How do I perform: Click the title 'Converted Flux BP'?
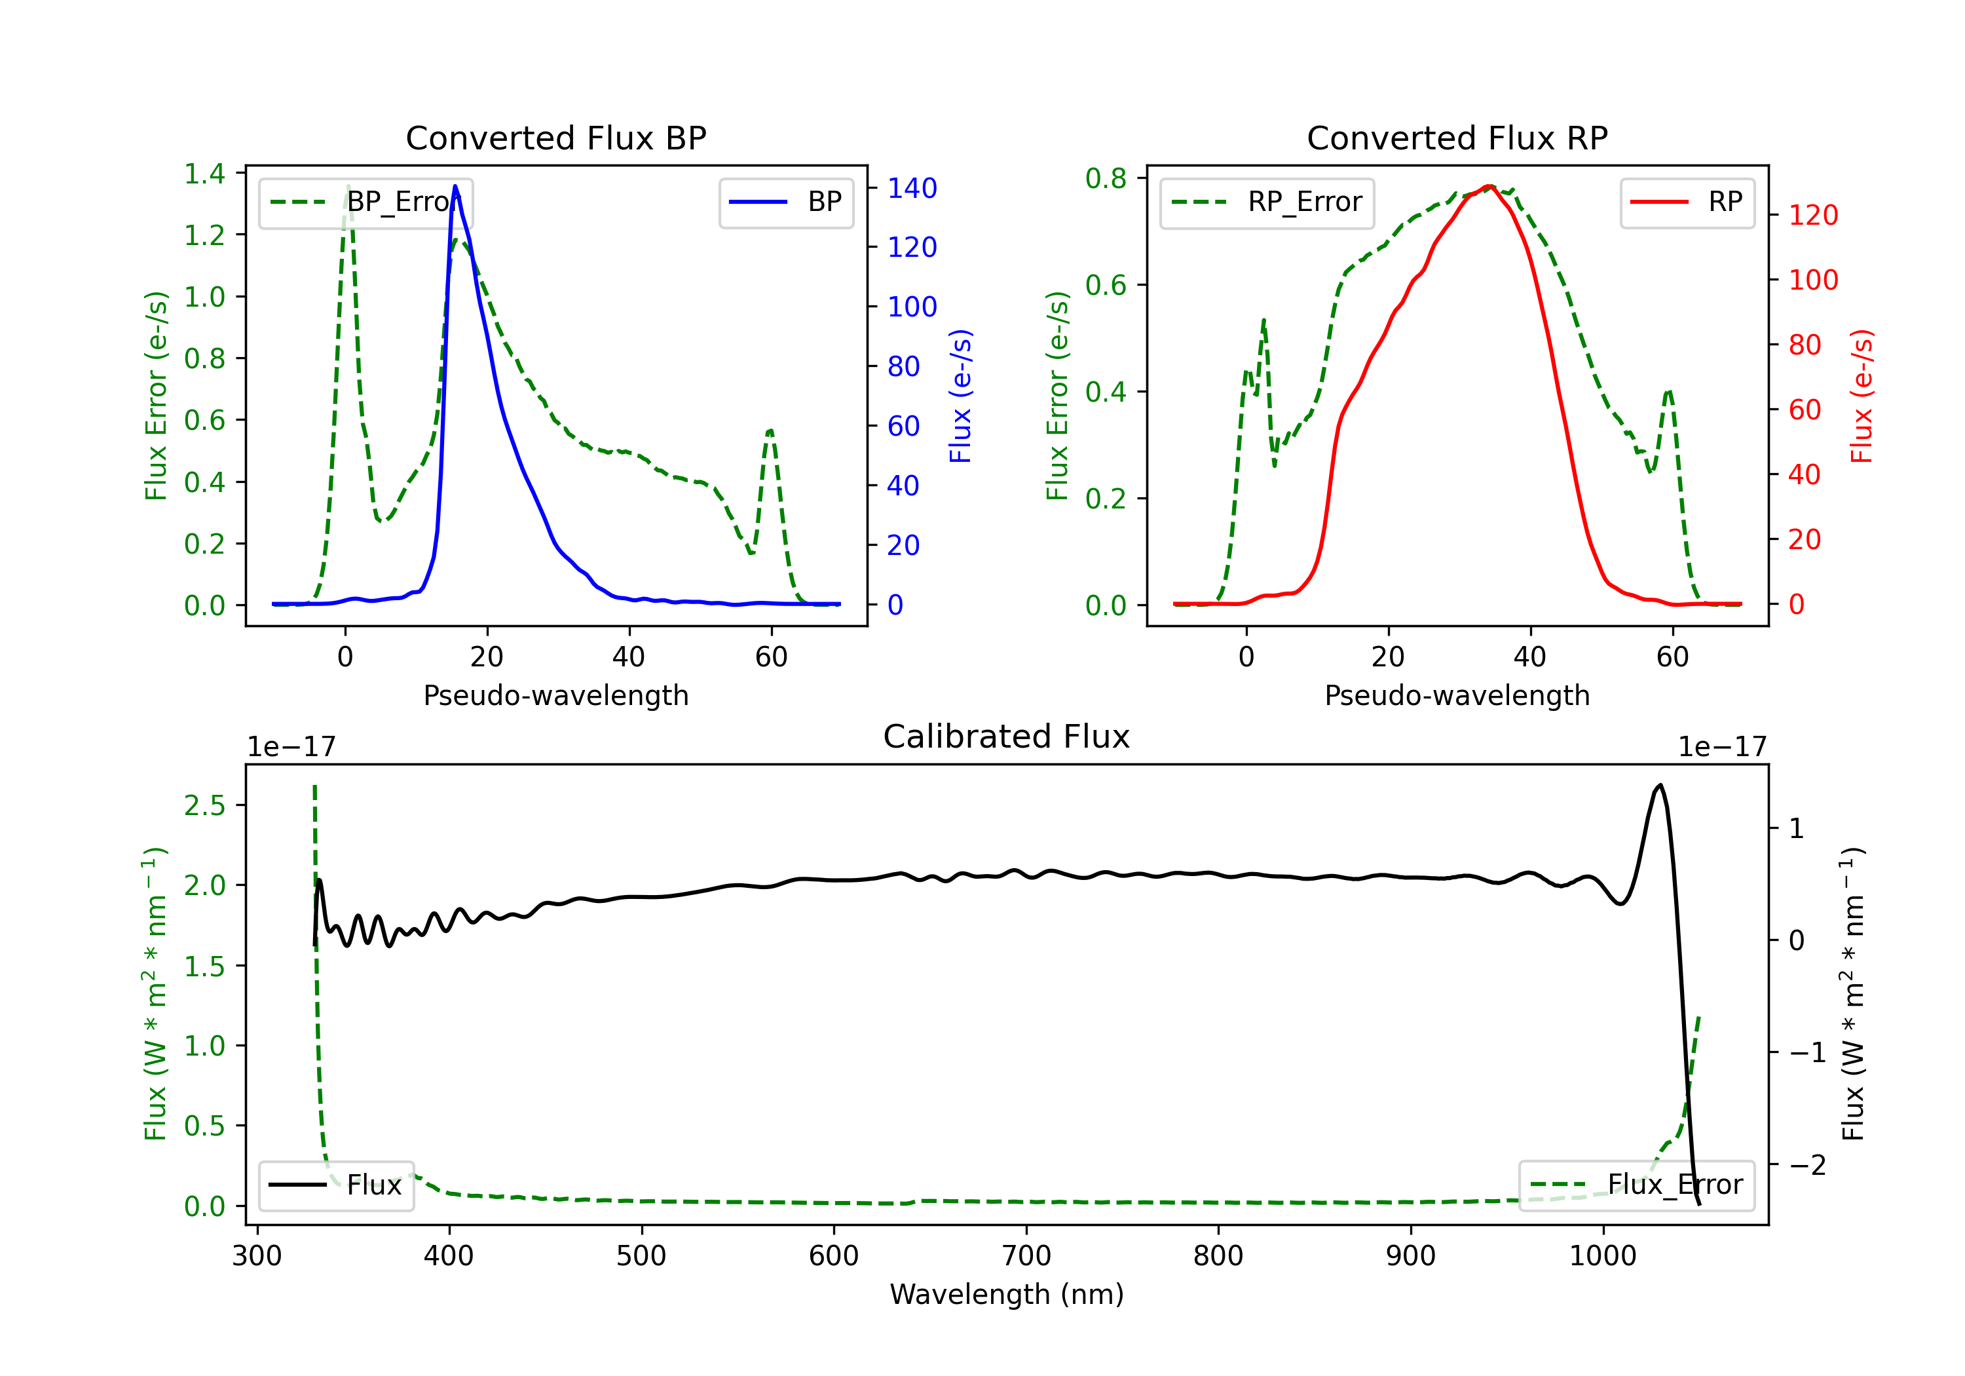[555, 138]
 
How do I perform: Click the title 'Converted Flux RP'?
[1457, 138]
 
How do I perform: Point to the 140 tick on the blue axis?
[912, 188]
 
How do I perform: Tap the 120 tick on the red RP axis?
[1812, 215]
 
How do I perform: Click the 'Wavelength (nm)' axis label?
[1007, 1294]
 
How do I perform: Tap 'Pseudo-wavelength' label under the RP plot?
[1457, 695]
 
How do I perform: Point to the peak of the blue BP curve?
[455, 186]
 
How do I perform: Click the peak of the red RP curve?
[1489, 186]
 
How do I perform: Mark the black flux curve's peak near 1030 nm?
[1660, 784]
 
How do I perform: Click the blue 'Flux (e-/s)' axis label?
[960, 396]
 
